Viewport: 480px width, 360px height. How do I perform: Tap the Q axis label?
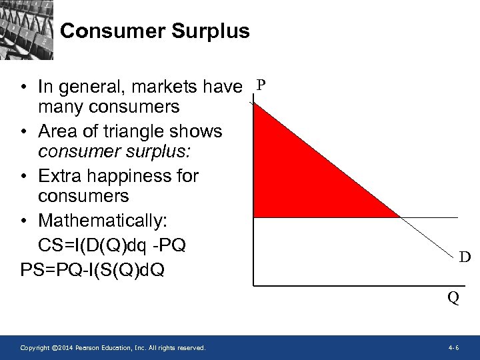point(453,298)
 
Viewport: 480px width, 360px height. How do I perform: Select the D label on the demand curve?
point(464,257)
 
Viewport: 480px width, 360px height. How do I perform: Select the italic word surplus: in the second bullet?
point(161,151)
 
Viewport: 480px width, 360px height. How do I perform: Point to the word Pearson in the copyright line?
point(91,348)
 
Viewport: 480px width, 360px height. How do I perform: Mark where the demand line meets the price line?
point(399,217)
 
